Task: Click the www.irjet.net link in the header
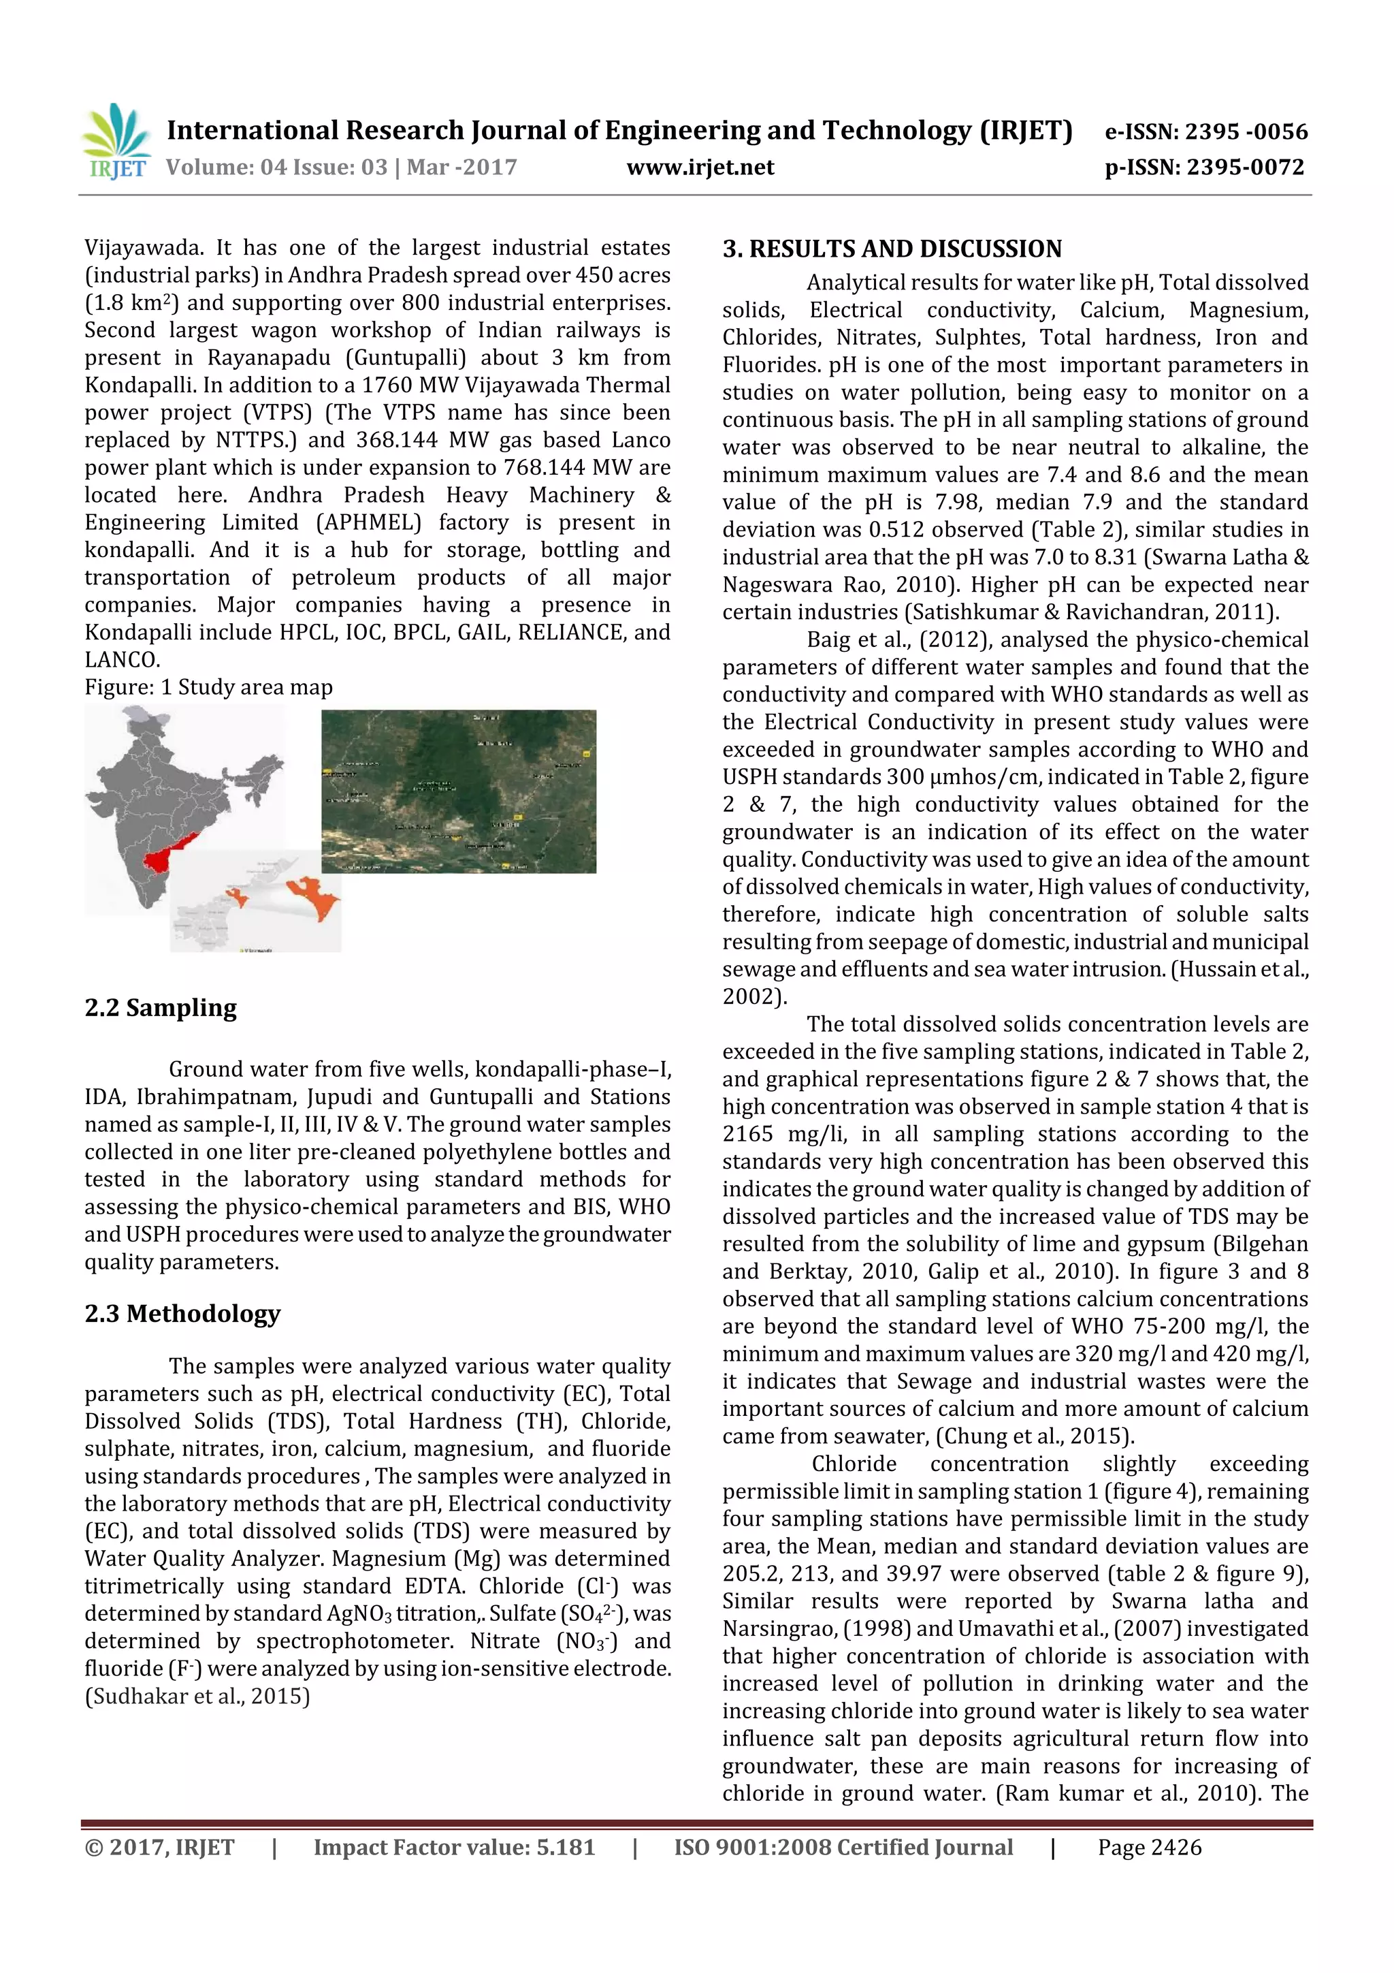click(700, 167)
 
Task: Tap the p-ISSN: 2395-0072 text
click(1204, 167)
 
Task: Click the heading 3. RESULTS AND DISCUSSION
click(892, 249)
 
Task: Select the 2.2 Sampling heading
click(161, 1007)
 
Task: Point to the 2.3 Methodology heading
click(182, 1313)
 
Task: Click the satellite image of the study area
click(459, 791)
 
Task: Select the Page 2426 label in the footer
click(1149, 1848)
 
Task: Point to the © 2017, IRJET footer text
click(160, 1848)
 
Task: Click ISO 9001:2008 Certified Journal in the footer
click(843, 1848)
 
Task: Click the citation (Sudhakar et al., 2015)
click(197, 1696)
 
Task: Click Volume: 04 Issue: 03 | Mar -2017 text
click(341, 167)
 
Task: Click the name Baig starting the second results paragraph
click(828, 640)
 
